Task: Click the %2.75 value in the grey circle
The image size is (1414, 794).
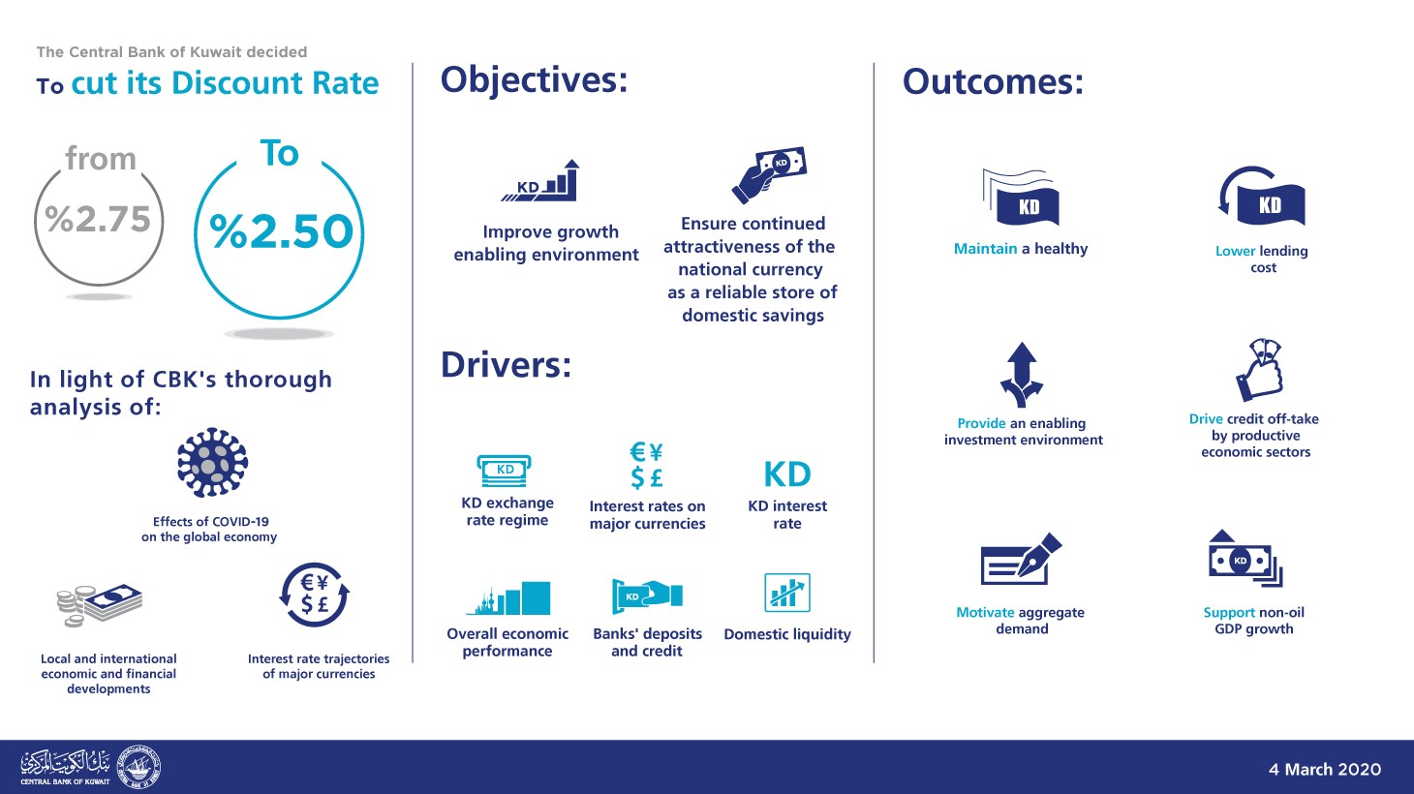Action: (x=98, y=220)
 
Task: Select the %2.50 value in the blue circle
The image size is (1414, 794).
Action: (x=281, y=232)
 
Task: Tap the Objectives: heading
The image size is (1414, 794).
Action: (x=534, y=80)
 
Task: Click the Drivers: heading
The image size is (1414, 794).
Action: (x=506, y=365)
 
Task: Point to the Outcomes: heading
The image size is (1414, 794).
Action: (x=993, y=82)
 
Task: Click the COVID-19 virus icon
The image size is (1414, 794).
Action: (x=212, y=463)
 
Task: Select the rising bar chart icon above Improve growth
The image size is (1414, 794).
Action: (x=542, y=181)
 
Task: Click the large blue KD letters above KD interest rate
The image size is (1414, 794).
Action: (x=786, y=474)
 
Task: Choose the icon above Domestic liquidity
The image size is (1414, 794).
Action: (x=786, y=593)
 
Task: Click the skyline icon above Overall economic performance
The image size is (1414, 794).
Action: (x=507, y=598)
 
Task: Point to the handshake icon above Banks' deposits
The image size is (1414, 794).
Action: (x=647, y=595)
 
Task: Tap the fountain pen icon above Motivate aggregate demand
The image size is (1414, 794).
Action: (x=1021, y=559)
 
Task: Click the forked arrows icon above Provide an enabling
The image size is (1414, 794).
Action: (x=1022, y=375)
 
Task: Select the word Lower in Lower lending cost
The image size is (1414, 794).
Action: (x=1235, y=251)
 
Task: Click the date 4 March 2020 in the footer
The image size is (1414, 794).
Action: (x=1324, y=770)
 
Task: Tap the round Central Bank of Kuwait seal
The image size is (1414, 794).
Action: (x=138, y=768)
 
